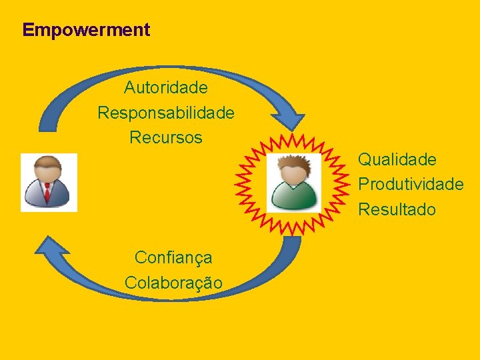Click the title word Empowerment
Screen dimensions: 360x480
86,30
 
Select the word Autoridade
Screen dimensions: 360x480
165,87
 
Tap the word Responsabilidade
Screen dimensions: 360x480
165,113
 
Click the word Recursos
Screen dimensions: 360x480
165,138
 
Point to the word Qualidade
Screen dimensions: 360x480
397,159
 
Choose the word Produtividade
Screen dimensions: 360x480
411,184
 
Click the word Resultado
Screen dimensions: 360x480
397,209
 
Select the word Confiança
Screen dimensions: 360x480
173,257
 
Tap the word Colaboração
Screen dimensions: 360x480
173,283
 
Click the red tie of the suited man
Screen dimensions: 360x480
47,193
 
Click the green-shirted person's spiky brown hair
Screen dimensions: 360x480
293,162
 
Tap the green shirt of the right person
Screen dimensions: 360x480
293,197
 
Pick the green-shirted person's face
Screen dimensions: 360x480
293,175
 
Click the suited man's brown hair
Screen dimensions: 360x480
48,162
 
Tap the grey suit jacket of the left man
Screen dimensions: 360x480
35,195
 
